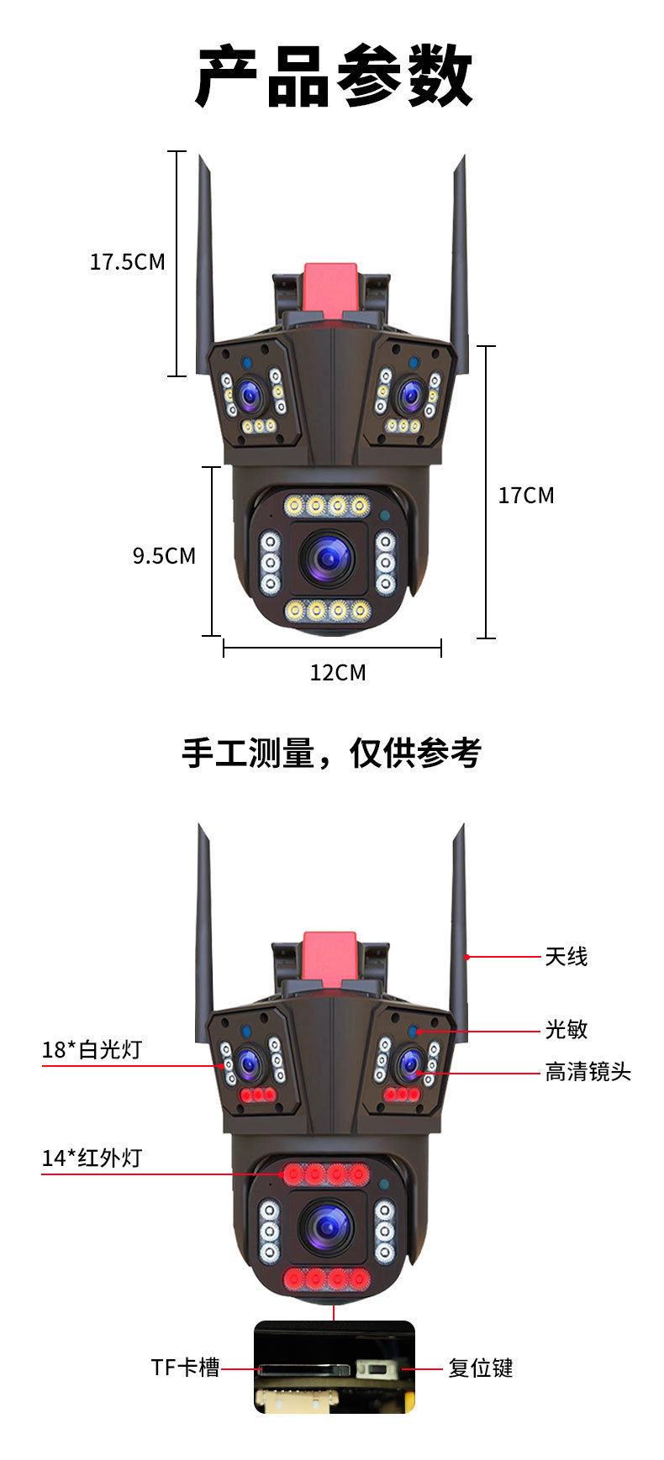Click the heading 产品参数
pyautogui.click(x=334, y=77)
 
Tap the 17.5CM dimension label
pyautogui.click(x=128, y=262)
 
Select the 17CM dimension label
pyautogui.click(x=526, y=496)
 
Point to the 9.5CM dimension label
pyautogui.click(x=164, y=556)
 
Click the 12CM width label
pyautogui.click(x=338, y=673)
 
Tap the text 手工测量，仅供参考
pyautogui.click(x=331, y=753)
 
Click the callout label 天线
pyautogui.click(x=566, y=957)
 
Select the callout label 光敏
pyautogui.click(x=566, y=1030)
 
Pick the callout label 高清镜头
pyautogui.click(x=588, y=1073)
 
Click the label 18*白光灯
pyautogui.click(x=92, y=1050)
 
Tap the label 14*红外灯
pyautogui.click(x=92, y=1158)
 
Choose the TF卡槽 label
pyautogui.click(x=185, y=1368)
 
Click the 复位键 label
pyautogui.click(x=480, y=1368)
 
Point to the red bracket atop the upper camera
pyautogui.click(x=329, y=290)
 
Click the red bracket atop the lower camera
pyautogui.click(x=329, y=958)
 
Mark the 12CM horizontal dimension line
pyautogui.click(x=332, y=648)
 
